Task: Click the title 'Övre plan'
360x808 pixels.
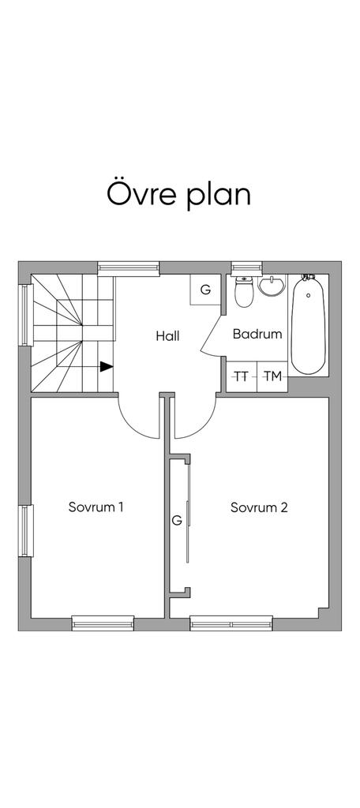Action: (x=178, y=194)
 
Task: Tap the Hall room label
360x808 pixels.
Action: (x=167, y=336)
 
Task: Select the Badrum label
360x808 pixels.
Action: (x=257, y=334)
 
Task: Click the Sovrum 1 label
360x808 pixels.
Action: (x=96, y=507)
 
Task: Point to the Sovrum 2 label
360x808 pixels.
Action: (x=259, y=507)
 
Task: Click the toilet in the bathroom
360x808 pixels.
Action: (x=242, y=292)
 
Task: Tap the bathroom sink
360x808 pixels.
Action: (x=272, y=285)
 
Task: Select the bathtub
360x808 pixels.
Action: (x=309, y=325)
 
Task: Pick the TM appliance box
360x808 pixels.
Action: (x=272, y=377)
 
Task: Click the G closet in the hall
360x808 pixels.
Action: (x=205, y=290)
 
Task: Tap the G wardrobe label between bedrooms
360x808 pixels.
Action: (x=177, y=521)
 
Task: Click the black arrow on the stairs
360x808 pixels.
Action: (x=107, y=366)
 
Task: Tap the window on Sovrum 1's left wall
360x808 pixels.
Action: (x=26, y=531)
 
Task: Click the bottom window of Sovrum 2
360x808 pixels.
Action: (x=231, y=623)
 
